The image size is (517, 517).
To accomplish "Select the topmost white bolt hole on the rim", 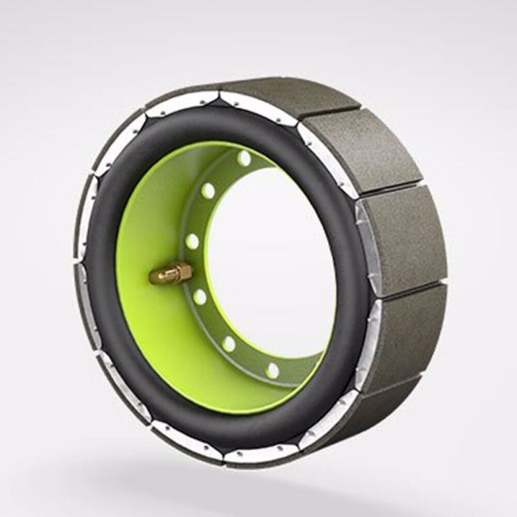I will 244,158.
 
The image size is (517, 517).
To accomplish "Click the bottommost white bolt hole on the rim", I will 273,370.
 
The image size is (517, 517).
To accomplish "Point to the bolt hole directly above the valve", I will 192,242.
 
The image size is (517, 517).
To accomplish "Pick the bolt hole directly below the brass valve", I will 200,297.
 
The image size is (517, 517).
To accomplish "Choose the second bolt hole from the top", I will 208,191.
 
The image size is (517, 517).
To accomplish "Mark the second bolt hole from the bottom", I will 229,343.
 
